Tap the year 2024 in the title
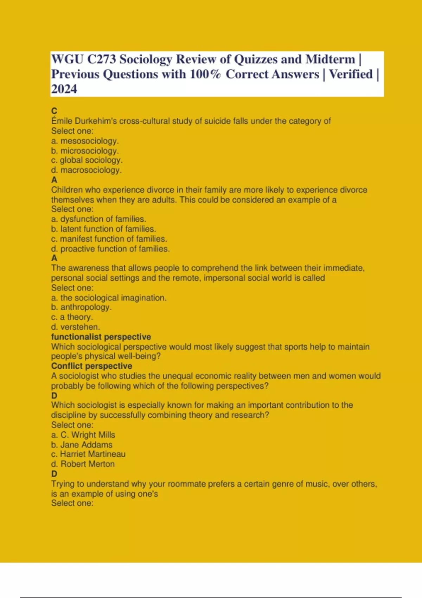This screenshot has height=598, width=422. pyautogui.click(x=64, y=89)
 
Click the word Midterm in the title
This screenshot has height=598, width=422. pyautogui.click(x=330, y=59)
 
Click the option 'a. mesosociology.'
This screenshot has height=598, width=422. pyautogui.click(x=85, y=141)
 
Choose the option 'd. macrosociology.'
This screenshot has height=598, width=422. pyautogui.click(x=86, y=170)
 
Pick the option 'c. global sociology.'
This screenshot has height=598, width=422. pyautogui.click(x=87, y=160)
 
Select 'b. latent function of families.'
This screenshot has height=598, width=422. pyautogui.click(x=103, y=229)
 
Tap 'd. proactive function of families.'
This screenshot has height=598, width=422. pyautogui.click(x=110, y=249)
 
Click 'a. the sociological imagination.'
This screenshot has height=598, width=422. pyautogui.click(x=109, y=298)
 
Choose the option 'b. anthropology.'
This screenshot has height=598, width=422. pyautogui.click(x=81, y=307)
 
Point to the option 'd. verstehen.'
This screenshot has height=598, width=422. pyautogui.click(x=75, y=327)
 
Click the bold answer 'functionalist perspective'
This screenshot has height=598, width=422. pyautogui.click(x=101, y=337)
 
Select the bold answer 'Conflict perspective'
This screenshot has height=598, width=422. pyautogui.click(x=91, y=366)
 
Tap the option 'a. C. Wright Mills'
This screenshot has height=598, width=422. pyautogui.click(x=83, y=435)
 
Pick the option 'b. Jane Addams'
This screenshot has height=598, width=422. pyautogui.click(x=82, y=445)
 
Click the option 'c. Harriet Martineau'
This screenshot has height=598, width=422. pyautogui.click(x=88, y=454)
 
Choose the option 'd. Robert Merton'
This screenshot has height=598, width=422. pyautogui.click(x=83, y=464)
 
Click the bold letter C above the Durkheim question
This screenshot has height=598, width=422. pyautogui.click(x=54, y=111)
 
